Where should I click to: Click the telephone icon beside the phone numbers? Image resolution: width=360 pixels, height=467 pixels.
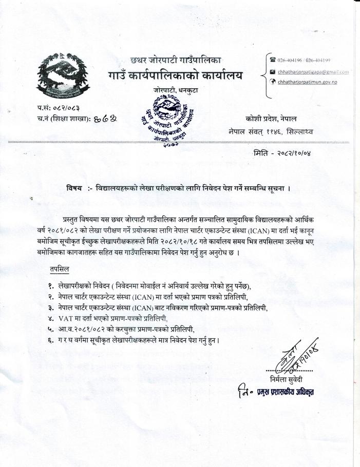tap(273, 60)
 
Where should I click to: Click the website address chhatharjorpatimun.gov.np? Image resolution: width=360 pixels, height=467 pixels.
tap(307, 82)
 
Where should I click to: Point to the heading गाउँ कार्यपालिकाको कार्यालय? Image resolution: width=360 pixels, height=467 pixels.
tap(175, 76)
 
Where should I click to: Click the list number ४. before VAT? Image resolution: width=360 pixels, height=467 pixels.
tap(51, 318)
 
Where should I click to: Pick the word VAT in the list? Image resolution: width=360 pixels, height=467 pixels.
tap(66, 318)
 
